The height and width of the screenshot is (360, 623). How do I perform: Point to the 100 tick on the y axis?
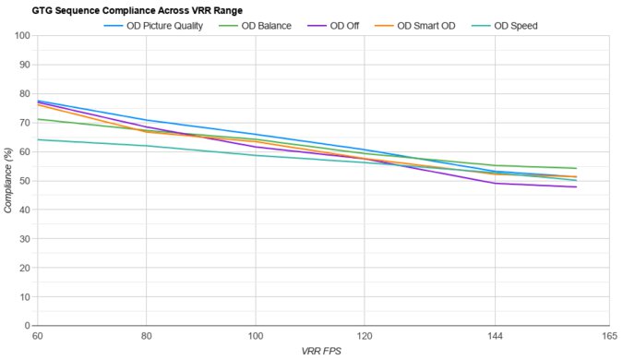click(21, 36)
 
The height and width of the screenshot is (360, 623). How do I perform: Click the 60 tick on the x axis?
click(37, 336)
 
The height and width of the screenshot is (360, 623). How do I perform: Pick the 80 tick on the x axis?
click(146, 336)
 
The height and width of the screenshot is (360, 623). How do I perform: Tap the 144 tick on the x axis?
click(495, 336)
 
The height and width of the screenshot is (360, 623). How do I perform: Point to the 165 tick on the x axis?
click(608, 336)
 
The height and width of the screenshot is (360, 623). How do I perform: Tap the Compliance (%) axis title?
click(8, 181)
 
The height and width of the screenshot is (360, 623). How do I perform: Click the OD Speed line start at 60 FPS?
click(38, 139)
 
